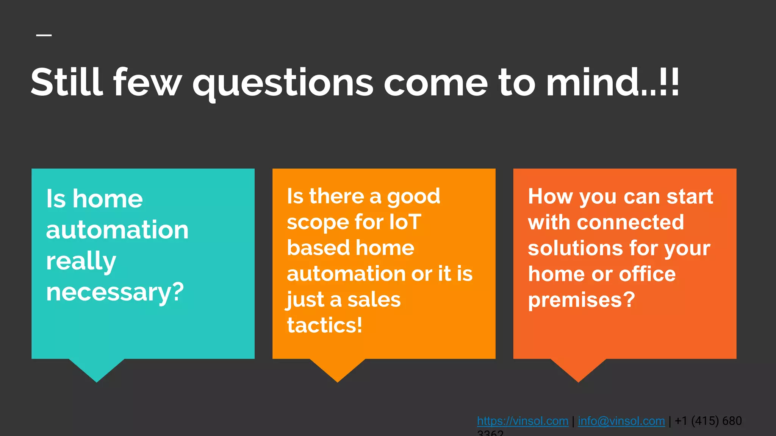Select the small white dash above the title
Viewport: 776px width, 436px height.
tap(44, 35)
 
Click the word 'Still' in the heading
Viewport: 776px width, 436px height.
tap(67, 83)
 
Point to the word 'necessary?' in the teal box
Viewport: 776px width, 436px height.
tap(115, 292)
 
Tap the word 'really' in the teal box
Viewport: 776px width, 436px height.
tap(81, 261)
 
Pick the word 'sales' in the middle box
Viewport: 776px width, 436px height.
tap(374, 299)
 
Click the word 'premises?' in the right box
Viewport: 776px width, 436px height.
tap(581, 300)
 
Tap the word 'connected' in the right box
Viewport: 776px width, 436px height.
tap(630, 222)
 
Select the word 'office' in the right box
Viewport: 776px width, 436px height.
tap(647, 274)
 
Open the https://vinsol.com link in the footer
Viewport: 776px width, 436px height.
tap(523, 421)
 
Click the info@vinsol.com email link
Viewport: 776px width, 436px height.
tap(621, 421)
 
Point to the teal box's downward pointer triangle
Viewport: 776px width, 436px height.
tap(97, 369)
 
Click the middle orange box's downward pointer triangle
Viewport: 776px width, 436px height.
tap(338, 369)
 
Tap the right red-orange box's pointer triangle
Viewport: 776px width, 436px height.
tap(578, 369)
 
